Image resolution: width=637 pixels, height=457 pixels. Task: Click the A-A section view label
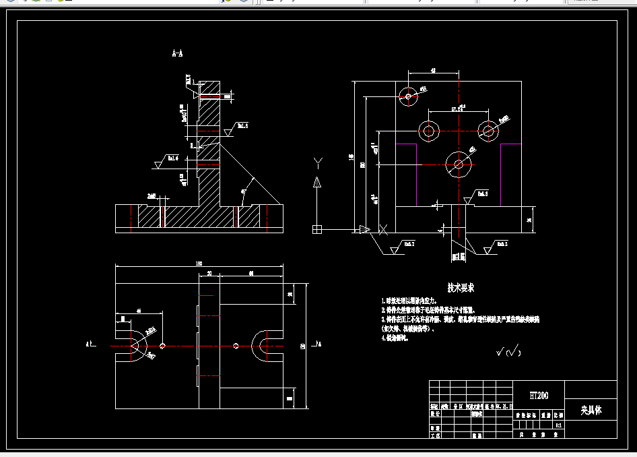click(x=178, y=53)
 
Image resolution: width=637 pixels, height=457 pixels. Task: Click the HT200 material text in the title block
click(x=539, y=395)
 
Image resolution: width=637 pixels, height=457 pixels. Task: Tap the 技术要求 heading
click(x=461, y=288)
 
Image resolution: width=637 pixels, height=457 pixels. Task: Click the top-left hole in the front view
click(x=408, y=96)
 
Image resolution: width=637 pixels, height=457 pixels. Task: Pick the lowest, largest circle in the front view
click(x=459, y=164)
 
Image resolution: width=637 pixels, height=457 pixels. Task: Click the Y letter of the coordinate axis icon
click(x=318, y=162)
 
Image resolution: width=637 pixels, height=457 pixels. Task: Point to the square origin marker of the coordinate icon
click(x=317, y=230)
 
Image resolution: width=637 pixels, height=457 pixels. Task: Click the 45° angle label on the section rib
click(x=243, y=191)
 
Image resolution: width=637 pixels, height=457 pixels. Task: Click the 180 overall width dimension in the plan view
click(x=199, y=264)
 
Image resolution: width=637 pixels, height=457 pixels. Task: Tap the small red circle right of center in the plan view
click(x=236, y=346)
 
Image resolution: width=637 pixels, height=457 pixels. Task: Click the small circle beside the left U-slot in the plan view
click(x=162, y=346)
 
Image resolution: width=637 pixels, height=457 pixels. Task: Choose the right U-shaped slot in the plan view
click(x=262, y=345)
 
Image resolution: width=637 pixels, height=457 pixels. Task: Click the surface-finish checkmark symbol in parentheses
click(x=508, y=351)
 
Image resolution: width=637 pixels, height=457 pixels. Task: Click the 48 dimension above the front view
click(x=433, y=69)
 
